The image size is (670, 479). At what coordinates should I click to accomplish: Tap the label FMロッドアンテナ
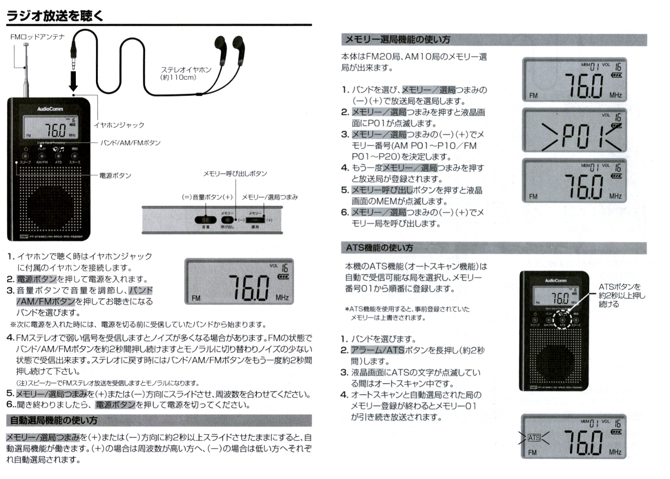pyautogui.click(x=38, y=37)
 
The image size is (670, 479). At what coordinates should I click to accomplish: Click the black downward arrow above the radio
pyautogui.click(x=73, y=81)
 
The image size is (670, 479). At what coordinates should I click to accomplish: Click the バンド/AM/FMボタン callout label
pyautogui.click(x=130, y=143)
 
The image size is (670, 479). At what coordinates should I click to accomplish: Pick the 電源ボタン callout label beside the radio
pyautogui.click(x=115, y=175)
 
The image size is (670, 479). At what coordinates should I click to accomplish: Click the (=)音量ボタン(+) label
pyautogui.click(x=207, y=197)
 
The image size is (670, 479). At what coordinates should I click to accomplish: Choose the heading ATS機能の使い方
pyautogui.click(x=377, y=247)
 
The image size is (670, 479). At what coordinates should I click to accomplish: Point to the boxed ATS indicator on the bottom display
pyautogui.click(x=534, y=438)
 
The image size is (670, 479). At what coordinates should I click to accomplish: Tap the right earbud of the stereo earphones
pyautogui.click(x=238, y=47)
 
